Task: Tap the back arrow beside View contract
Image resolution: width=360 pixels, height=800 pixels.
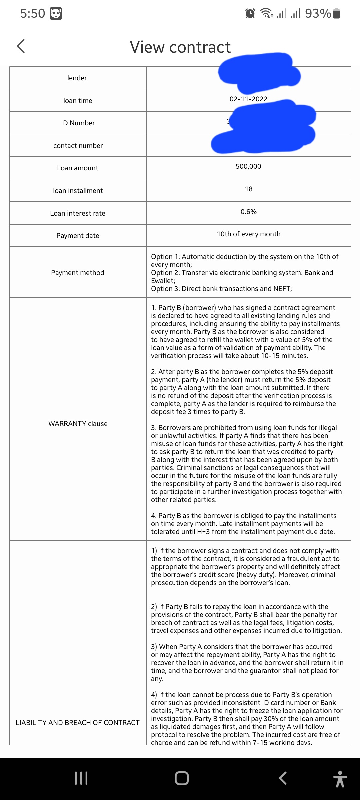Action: [x=21, y=46]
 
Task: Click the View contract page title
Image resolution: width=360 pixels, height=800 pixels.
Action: [x=180, y=47]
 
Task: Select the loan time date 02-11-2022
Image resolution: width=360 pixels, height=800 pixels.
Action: [x=248, y=99]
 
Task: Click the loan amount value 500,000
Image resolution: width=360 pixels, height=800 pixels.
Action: [x=248, y=166]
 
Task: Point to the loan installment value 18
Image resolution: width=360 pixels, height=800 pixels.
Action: [x=249, y=189]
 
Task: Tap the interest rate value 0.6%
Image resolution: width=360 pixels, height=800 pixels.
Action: [x=249, y=212]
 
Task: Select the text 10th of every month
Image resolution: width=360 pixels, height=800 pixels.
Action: [x=249, y=234]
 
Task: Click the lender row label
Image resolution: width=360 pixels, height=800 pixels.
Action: [x=77, y=78]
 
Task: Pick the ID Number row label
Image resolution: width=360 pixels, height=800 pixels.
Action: [x=78, y=123]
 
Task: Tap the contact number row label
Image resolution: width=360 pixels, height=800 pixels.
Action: [x=78, y=146]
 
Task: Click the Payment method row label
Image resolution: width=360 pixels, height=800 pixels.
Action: [x=78, y=273]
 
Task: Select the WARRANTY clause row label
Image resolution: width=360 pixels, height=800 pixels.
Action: [x=78, y=424]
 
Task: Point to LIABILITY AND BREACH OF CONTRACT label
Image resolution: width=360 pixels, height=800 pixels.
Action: [x=78, y=723]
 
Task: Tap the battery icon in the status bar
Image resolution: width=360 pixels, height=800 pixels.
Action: [x=337, y=13]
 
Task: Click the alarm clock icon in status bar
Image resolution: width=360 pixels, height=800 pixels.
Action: [x=250, y=13]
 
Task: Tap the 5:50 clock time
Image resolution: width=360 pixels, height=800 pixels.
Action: [x=33, y=13]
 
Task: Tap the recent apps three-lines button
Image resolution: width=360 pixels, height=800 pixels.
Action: [x=81, y=778]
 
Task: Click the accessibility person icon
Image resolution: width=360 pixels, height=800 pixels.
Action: [x=340, y=779]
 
